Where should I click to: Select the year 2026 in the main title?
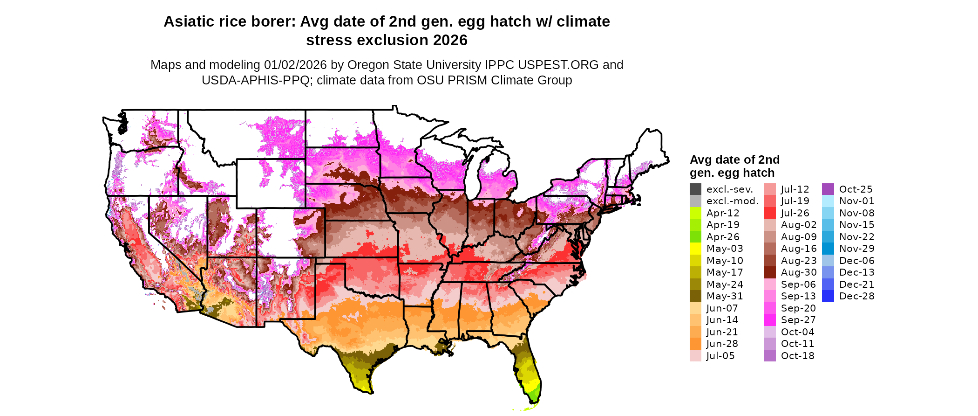(450, 41)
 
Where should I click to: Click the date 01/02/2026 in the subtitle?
(295, 65)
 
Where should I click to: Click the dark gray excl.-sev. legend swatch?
(695, 189)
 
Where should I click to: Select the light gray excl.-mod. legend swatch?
(695, 201)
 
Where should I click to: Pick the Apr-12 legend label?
(722, 213)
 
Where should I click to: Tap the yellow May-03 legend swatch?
(695, 249)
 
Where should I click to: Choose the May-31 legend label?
(724, 296)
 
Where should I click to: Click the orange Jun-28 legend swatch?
(695, 344)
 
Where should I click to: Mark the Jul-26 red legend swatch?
(770, 213)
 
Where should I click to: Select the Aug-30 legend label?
(798, 272)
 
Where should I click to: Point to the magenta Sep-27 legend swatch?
(770, 320)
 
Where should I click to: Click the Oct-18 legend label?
(797, 356)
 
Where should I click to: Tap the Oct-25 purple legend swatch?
(828, 189)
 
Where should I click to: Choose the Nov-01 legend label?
(856, 201)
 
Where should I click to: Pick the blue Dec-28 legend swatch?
(828, 296)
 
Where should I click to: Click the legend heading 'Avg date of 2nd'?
(734, 160)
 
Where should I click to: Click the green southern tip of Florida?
(534, 396)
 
